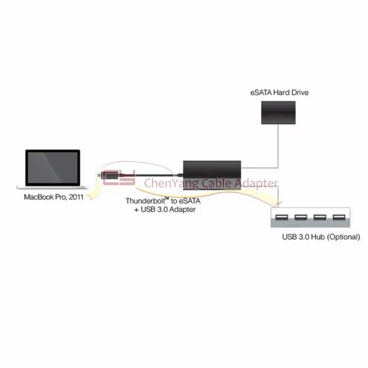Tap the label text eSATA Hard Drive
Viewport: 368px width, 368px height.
tap(279, 93)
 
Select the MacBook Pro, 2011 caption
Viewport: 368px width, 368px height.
tap(53, 198)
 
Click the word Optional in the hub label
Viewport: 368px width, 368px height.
tap(342, 237)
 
